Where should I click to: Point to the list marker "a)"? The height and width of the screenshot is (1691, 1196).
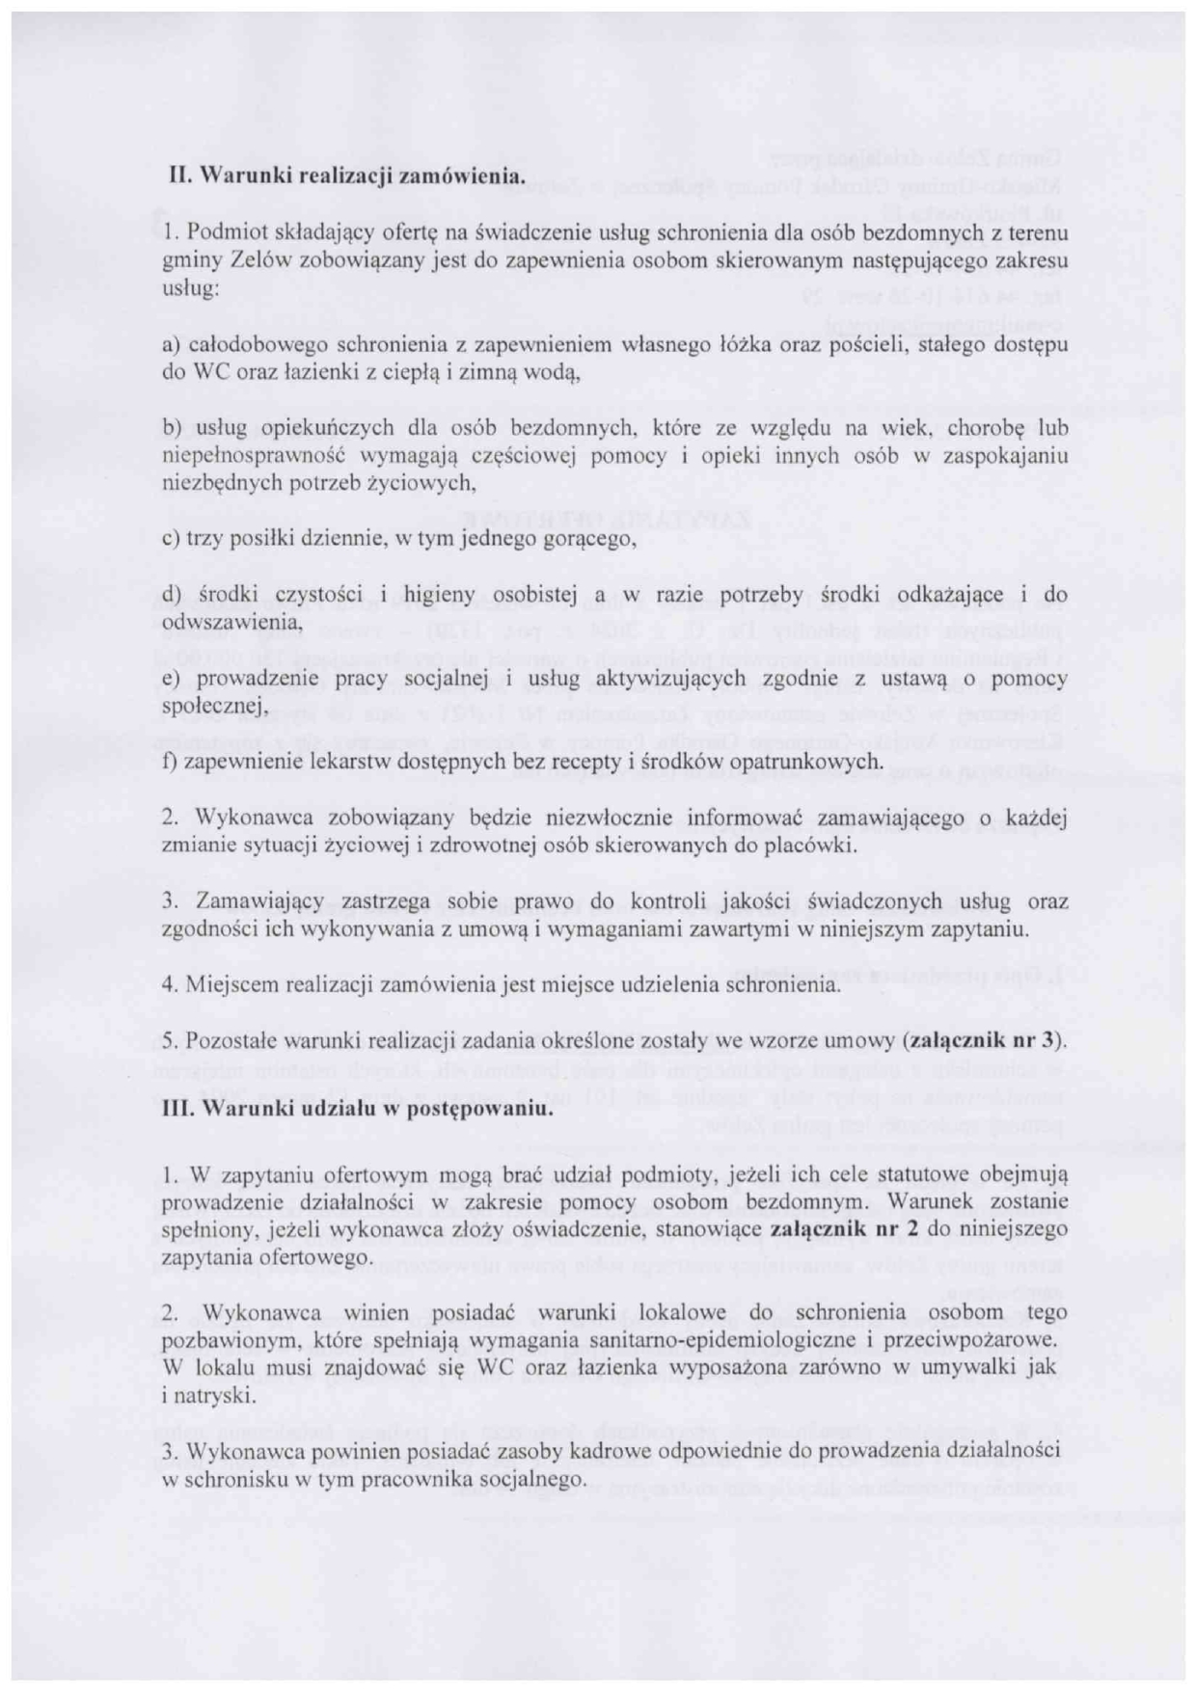point(172,344)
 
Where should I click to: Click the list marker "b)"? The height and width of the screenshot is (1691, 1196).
point(172,429)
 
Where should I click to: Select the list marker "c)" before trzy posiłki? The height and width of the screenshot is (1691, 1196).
point(171,540)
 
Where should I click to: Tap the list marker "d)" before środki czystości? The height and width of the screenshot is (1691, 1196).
point(172,595)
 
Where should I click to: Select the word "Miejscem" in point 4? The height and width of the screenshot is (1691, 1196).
point(227,985)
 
